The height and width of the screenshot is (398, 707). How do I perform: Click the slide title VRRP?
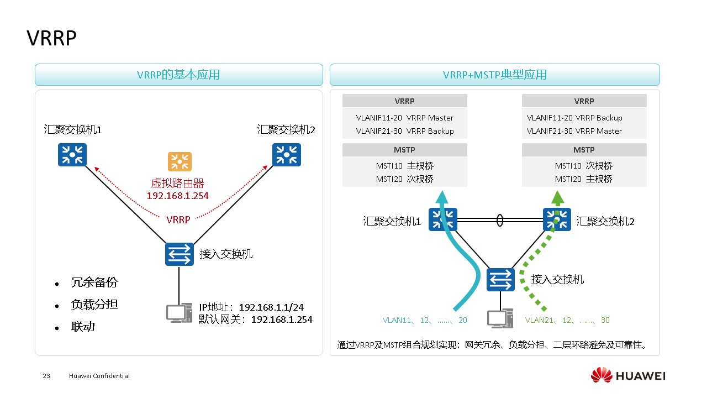(51, 39)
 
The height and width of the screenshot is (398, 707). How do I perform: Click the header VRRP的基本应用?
(178, 75)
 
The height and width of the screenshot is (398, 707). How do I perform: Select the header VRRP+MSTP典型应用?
(494, 75)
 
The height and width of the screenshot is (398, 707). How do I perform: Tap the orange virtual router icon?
(180, 162)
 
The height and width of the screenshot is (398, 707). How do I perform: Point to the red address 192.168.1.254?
(177, 196)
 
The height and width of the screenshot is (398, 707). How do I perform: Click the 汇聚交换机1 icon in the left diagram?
(72, 155)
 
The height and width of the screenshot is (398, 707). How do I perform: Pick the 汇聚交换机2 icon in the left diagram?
(287, 155)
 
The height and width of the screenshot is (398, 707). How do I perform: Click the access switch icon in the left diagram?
(180, 254)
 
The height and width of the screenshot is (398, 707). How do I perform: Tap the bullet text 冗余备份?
(94, 282)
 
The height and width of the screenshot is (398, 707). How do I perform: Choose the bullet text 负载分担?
(94, 305)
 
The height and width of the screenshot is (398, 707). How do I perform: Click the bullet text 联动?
(83, 327)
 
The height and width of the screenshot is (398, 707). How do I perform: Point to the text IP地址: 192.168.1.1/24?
(251, 307)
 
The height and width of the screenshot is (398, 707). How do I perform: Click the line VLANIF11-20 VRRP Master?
(405, 118)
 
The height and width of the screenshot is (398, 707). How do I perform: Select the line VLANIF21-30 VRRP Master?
(574, 131)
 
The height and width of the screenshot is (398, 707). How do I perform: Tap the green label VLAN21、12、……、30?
(567, 320)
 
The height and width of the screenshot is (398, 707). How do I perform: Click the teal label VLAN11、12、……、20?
(425, 320)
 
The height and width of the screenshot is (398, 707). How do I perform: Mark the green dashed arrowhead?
(558, 197)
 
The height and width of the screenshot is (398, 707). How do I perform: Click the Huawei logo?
(628, 375)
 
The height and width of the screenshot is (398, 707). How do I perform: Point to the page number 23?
(46, 376)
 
